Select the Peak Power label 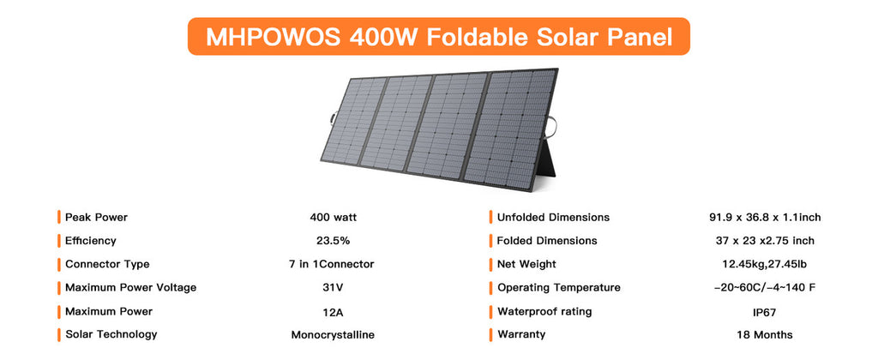[96, 217]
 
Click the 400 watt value [333, 217]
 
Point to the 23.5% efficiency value [333, 241]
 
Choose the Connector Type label [107, 264]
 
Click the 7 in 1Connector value [333, 264]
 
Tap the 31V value [333, 287]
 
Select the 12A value [333, 311]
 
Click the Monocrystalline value [333, 334]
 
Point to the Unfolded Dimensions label [553, 217]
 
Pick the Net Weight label [526, 264]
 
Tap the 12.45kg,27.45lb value [763, 264]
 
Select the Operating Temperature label [558, 287]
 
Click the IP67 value [763, 311]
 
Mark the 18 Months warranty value [763, 334]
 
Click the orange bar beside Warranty [490, 334]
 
